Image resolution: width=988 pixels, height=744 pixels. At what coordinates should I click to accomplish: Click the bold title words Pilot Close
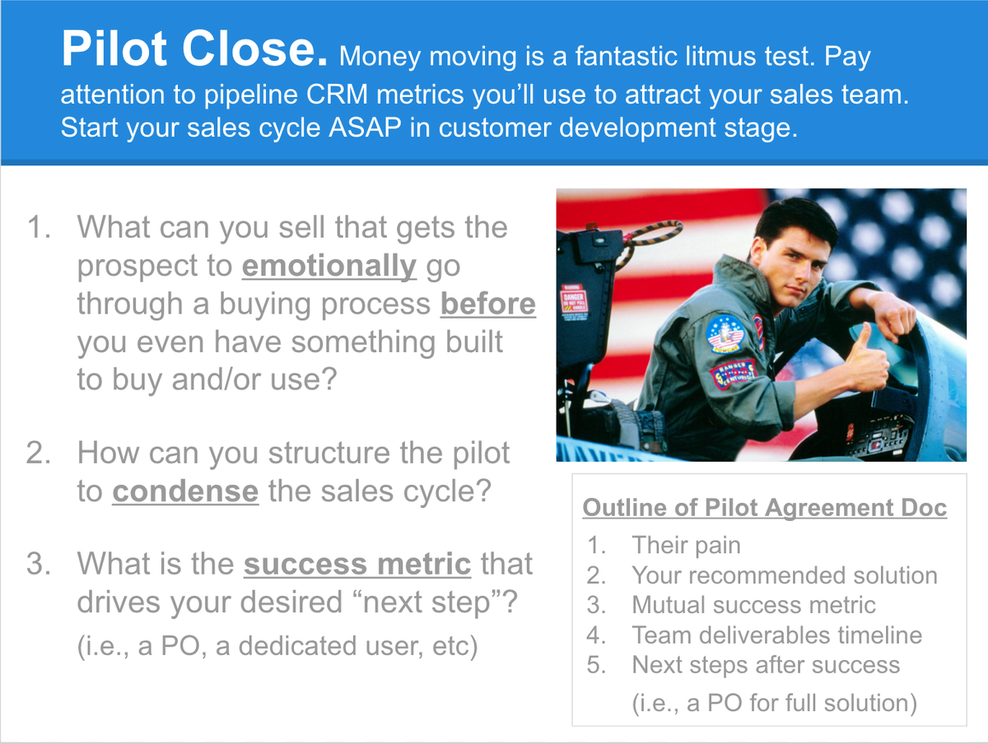point(194,49)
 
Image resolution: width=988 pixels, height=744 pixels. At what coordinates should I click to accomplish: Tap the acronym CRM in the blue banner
point(337,95)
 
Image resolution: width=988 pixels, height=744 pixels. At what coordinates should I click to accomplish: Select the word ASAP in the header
point(365,128)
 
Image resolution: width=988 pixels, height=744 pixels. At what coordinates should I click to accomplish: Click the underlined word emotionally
point(329,266)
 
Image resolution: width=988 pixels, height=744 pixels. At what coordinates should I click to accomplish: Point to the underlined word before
point(488,304)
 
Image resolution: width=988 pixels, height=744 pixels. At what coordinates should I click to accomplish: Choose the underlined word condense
point(185,491)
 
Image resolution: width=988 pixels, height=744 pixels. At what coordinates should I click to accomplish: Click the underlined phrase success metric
point(357,564)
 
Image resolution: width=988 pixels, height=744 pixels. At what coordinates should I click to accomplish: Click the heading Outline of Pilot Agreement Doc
point(765,508)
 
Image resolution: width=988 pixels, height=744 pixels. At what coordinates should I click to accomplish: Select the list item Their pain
point(686,545)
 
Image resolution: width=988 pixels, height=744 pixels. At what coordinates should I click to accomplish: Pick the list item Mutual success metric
point(753,605)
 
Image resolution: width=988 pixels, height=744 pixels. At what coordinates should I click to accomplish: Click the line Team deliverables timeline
point(777,635)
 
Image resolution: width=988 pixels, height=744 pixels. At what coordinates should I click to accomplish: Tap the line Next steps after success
point(766,665)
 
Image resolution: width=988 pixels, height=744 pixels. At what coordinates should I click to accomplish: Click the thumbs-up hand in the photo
point(864,358)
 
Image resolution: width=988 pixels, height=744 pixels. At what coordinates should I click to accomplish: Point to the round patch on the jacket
point(724,333)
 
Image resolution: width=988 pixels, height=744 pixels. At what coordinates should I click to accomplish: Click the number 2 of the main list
point(38,453)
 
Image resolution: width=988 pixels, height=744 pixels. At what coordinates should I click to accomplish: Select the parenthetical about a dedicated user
point(277,646)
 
